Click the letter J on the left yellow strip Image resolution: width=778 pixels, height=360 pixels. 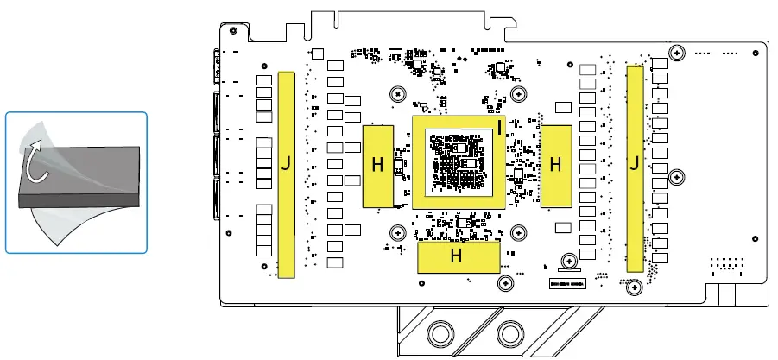tap(286, 165)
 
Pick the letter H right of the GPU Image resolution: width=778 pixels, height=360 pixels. tap(555, 163)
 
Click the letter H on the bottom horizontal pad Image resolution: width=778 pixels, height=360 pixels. tap(456, 256)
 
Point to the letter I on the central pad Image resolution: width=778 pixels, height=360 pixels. tap(499, 129)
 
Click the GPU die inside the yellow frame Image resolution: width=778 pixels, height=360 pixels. tap(457, 161)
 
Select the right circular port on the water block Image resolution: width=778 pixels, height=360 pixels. tap(510, 334)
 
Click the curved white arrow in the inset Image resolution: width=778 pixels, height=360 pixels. tap(35, 164)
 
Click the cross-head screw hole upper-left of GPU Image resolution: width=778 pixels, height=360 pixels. tap(397, 93)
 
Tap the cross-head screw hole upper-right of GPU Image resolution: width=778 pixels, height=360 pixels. tap(518, 93)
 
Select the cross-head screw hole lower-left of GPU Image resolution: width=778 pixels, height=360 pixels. tap(397, 231)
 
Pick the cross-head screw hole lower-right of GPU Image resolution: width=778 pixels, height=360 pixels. tap(518, 231)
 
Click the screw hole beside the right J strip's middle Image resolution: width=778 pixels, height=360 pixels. tap(676, 175)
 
